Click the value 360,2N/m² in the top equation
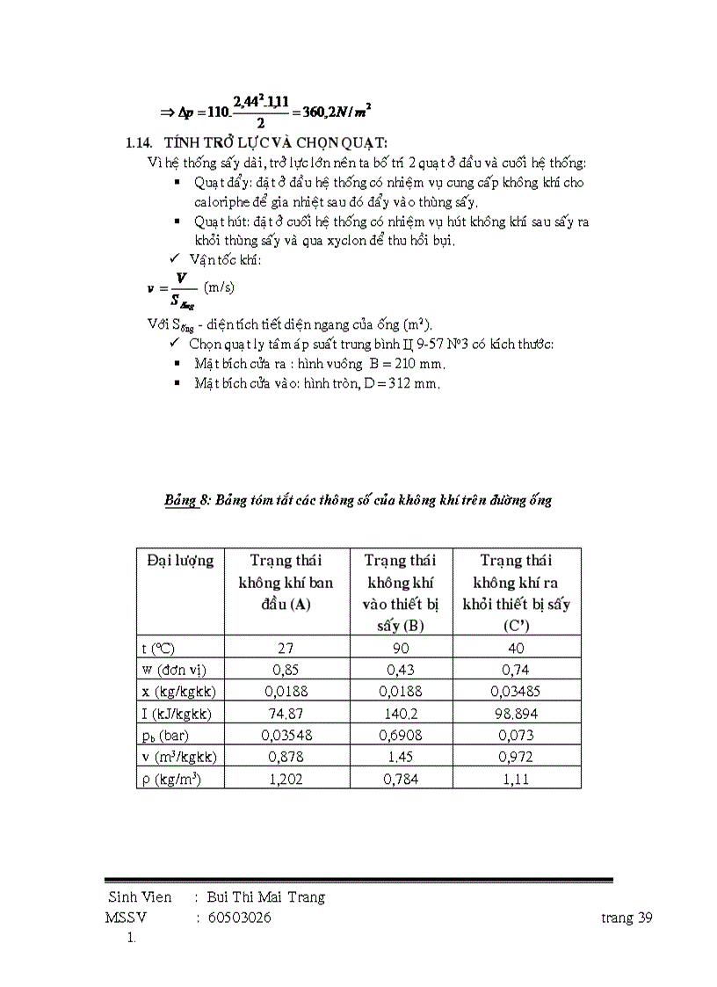pos(335,112)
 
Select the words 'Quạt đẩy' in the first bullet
pos(218,183)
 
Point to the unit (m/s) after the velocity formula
pos(219,287)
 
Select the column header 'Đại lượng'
pos(180,561)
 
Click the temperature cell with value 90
pos(401,649)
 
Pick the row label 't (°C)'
pos(158,649)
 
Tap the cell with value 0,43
pos(401,669)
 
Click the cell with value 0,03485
pos(516,691)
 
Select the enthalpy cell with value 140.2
pos(401,714)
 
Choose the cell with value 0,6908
pos(401,735)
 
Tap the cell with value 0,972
pos(516,756)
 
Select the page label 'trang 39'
pos(626,918)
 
